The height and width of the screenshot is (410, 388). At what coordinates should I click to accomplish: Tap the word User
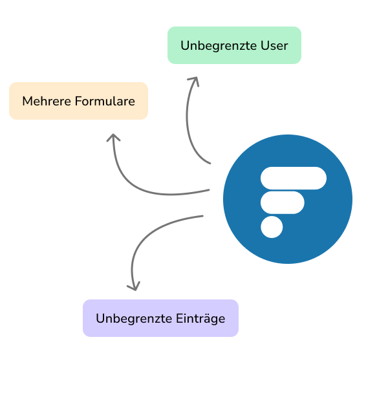(x=274, y=46)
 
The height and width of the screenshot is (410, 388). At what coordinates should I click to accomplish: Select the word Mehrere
(x=43, y=102)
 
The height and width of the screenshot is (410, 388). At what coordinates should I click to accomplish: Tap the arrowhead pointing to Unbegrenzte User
(x=193, y=80)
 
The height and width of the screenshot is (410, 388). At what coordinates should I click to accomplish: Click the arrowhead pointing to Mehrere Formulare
(x=114, y=138)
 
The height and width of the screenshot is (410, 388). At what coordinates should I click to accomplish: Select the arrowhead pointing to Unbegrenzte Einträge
(x=134, y=285)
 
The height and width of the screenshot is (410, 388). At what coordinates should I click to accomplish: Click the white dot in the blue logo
(x=272, y=227)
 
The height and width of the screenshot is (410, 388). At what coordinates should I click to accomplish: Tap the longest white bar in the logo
(x=294, y=178)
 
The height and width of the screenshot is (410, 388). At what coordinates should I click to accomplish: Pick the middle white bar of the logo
(x=282, y=202)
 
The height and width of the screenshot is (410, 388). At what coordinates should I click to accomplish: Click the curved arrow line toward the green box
(x=189, y=123)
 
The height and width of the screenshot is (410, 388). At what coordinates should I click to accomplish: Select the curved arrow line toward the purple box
(x=149, y=233)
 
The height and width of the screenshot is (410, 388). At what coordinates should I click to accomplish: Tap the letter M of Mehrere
(x=27, y=102)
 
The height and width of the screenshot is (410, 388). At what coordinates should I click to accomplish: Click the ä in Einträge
(x=208, y=319)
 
